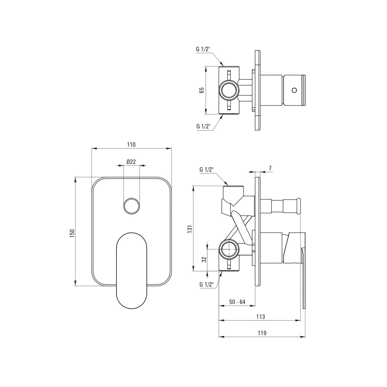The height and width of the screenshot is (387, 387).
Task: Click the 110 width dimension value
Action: (x=131, y=144)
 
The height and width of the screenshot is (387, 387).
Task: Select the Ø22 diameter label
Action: (x=131, y=162)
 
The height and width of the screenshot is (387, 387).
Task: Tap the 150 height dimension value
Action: (x=72, y=233)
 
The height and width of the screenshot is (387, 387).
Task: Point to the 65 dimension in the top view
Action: (x=202, y=90)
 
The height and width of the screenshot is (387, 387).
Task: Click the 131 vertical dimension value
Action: (x=190, y=229)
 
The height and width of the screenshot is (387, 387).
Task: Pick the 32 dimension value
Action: (x=204, y=260)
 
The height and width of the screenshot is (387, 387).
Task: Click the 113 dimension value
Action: (x=261, y=317)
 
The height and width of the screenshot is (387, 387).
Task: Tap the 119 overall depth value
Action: (x=262, y=333)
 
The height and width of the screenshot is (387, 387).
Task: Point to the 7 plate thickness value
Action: (x=270, y=168)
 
